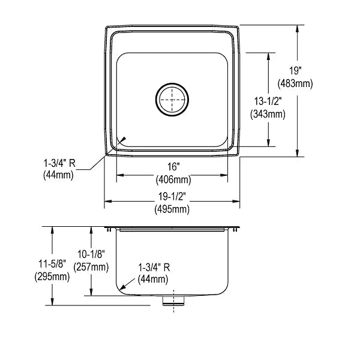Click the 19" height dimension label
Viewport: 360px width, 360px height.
(x=295, y=71)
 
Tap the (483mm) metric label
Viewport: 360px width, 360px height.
(x=295, y=83)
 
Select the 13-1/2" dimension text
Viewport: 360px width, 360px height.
(x=268, y=101)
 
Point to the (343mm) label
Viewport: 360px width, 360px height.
(x=268, y=114)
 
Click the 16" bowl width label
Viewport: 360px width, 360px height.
(x=173, y=167)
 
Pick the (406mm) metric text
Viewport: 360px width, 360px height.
(x=173, y=179)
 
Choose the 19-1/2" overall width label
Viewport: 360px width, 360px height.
(x=172, y=197)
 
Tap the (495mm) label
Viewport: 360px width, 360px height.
(x=172, y=209)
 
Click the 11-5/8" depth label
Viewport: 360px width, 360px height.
(x=52, y=264)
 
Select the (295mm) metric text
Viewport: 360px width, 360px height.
(x=52, y=277)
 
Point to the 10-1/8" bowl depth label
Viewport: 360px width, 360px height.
(x=91, y=254)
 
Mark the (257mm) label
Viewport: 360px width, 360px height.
(x=91, y=267)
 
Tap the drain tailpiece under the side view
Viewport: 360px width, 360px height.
(x=173, y=301)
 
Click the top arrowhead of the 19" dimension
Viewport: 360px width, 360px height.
(x=298, y=28)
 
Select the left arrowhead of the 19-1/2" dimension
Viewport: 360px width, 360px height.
(x=108, y=202)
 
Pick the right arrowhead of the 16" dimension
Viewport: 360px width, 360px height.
(x=224, y=175)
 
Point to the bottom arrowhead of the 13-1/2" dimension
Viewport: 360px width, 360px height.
(x=268, y=143)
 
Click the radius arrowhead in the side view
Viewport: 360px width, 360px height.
(x=123, y=287)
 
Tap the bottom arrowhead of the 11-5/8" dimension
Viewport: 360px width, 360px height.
(x=52, y=302)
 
